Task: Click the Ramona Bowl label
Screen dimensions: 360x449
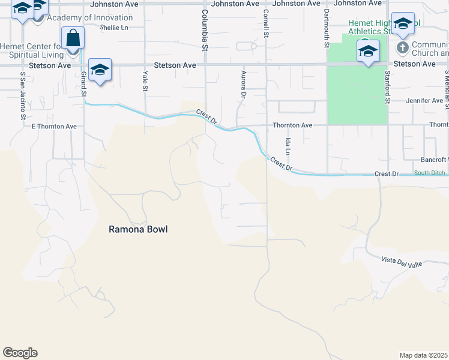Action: click(137, 229)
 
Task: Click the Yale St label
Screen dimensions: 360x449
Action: click(145, 81)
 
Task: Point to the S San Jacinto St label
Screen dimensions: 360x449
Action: click(22, 86)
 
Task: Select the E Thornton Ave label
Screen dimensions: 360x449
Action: click(54, 127)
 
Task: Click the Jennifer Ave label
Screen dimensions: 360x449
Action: click(424, 101)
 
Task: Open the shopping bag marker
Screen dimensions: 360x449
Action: click(73, 38)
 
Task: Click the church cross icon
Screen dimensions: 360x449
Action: click(402, 46)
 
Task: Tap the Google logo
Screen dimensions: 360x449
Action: click(20, 353)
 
